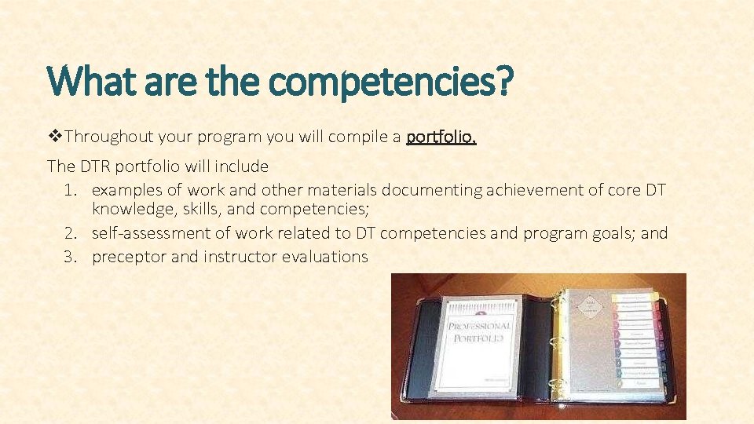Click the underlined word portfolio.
[x=441, y=138]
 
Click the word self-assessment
[x=150, y=233]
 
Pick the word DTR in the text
[x=93, y=166]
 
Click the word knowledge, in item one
[x=130, y=210]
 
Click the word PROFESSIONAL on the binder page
[x=479, y=325]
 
